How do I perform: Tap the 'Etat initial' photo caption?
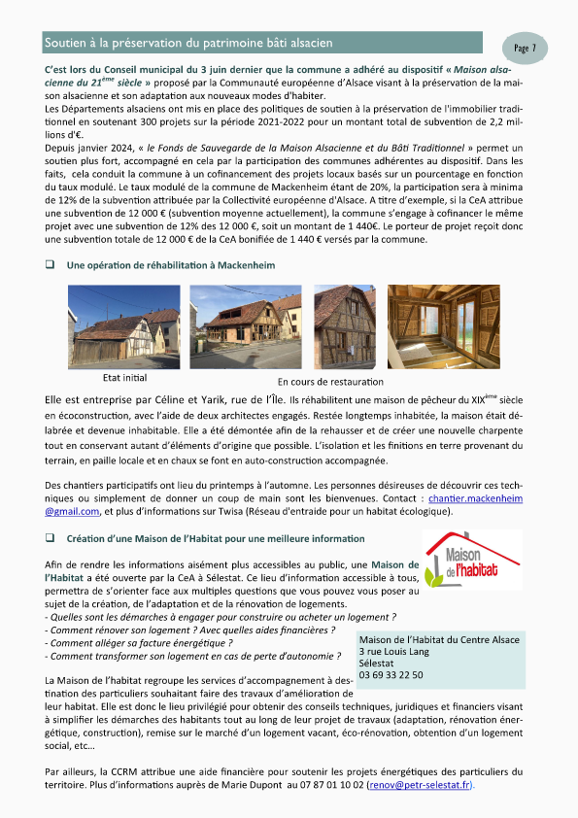[124, 378]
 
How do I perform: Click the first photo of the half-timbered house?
[123, 325]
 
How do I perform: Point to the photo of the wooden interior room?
[444, 325]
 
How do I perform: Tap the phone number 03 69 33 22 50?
[391, 674]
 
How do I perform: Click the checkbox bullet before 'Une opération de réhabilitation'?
[50, 264]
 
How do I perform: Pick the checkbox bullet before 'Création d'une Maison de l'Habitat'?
[50, 538]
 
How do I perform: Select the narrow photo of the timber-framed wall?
[345, 325]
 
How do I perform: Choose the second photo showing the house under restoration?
[246, 325]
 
